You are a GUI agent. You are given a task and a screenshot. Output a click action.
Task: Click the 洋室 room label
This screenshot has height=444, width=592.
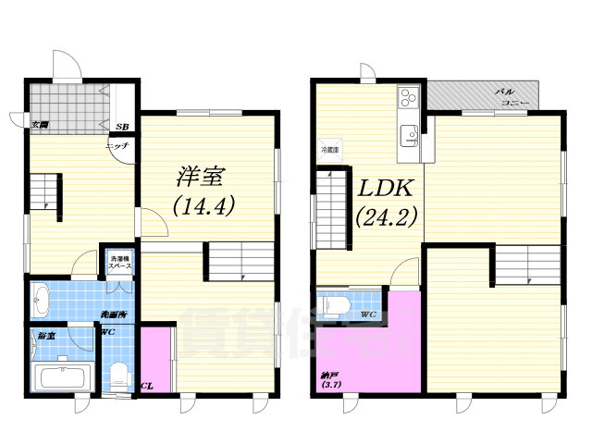(202, 174)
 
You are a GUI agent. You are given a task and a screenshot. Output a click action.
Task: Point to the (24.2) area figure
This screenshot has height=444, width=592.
(387, 218)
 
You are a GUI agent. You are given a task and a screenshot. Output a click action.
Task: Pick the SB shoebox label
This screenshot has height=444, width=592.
(122, 125)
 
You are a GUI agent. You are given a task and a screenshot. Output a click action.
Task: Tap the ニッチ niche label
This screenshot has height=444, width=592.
(117, 146)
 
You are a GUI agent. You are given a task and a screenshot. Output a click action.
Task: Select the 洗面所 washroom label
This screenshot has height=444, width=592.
(116, 314)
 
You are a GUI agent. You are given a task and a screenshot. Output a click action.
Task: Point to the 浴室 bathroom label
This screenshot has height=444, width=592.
(43, 334)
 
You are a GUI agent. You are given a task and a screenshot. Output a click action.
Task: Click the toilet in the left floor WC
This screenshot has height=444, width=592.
(117, 376)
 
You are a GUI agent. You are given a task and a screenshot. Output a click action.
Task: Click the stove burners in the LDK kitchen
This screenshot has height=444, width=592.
(408, 97)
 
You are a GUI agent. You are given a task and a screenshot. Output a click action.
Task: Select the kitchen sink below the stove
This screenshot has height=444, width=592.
(409, 136)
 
